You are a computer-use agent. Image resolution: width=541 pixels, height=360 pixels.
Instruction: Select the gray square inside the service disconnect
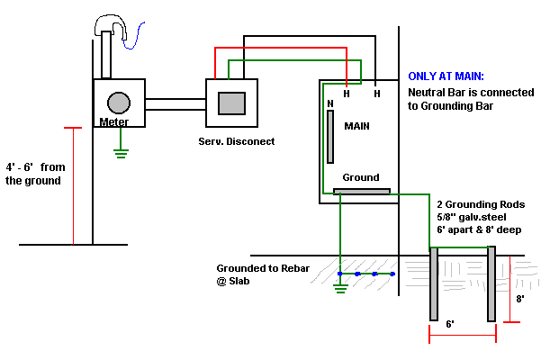tap(233, 102)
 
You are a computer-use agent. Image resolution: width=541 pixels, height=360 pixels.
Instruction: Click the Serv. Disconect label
tap(236, 142)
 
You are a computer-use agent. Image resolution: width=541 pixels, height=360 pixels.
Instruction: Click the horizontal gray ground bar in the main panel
tap(361, 191)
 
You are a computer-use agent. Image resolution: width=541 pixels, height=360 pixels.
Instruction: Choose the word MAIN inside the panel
tap(357, 127)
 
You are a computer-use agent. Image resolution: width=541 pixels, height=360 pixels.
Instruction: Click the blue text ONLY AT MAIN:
tap(446, 77)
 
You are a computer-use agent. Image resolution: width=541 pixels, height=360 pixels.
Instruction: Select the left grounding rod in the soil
tap(433, 283)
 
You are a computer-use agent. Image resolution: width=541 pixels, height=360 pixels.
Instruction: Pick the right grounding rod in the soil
tap(491, 283)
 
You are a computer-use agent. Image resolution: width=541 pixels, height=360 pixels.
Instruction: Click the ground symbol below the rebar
tap(339, 289)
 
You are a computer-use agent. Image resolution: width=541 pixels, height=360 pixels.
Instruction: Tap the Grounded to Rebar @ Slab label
tap(256, 275)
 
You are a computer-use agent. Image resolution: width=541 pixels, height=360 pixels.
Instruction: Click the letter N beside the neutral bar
tap(330, 103)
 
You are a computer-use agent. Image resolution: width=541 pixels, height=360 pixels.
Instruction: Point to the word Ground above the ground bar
tap(361, 177)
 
